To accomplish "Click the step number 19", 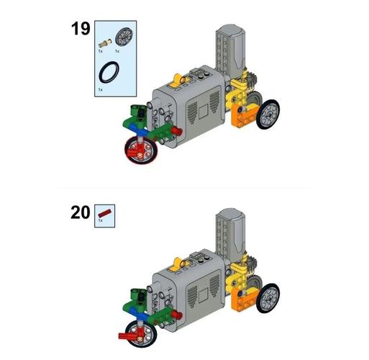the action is (x=81, y=29).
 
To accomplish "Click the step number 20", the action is (x=81, y=212).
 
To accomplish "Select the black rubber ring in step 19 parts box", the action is (x=109, y=72).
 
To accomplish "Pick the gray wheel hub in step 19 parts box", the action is (x=124, y=36).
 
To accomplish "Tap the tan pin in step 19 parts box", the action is (x=105, y=43).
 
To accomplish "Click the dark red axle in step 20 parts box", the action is (x=104, y=212).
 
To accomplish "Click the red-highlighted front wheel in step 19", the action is (x=141, y=150).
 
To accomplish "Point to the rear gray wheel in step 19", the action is (x=268, y=114).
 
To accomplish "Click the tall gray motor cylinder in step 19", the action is (x=231, y=49).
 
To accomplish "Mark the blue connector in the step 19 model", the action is (x=139, y=130).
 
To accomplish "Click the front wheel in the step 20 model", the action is (x=141, y=334).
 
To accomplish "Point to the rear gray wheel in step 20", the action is (x=268, y=298).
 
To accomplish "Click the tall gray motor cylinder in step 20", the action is (x=231, y=233).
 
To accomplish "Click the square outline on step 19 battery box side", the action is (x=204, y=112).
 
